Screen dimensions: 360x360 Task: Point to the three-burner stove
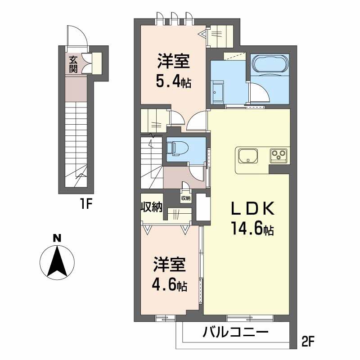click(279, 154)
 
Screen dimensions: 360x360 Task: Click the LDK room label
click(253, 208)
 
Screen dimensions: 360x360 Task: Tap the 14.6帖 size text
click(252, 229)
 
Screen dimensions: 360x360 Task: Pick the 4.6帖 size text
click(169, 285)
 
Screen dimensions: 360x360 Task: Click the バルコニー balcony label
click(235, 332)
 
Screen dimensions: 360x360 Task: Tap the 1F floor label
click(86, 204)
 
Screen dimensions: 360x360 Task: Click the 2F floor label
click(308, 342)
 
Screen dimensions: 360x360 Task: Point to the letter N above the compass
click(57, 238)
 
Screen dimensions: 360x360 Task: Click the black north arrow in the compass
click(57, 261)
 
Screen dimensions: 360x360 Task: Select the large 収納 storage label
click(152, 207)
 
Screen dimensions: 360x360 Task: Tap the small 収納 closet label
click(186, 198)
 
